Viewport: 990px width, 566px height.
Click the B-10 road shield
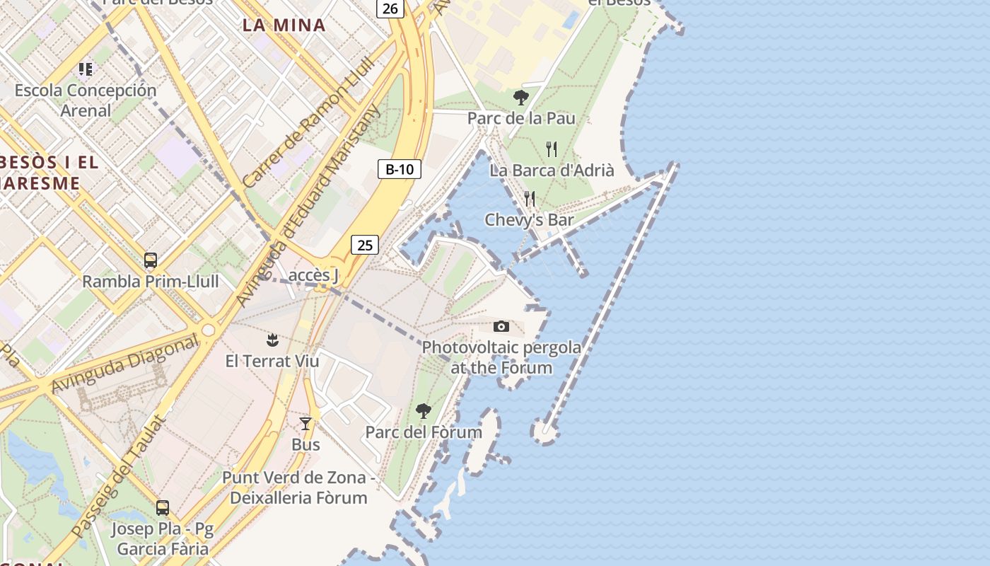pyautogui.click(x=400, y=169)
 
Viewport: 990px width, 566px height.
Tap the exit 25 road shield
pyautogui.click(x=365, y=246)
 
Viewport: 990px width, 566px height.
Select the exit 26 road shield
pyautogui.click(x=390, y=8)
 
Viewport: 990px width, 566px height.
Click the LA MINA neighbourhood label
pyautogui.click(x=284, y=25)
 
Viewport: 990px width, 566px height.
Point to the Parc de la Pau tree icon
pyautogui.click(x=521, y=98)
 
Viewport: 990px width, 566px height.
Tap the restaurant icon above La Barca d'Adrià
pyautogui.click(x=552, y=149)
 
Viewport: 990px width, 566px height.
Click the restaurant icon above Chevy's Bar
pyautogui.click(x=529, y=199)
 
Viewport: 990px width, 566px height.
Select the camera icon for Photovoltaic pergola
pyautogui.click(x=501, y=326)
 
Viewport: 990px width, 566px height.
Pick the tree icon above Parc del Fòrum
pyautogui.click(x=424, y=410)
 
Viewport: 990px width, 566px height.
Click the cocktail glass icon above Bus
pyautogui.click(x=305, y=424)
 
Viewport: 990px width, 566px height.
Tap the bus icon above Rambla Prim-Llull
pyautogui.click(x=151, y=260)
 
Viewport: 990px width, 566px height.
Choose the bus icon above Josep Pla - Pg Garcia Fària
pyautogui.click(x=163, y=507)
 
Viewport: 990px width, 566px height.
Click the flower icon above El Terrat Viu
pyautogui.click(x=272, y=340)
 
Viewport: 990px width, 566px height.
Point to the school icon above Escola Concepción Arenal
pyautogui.click(x=86, y=69)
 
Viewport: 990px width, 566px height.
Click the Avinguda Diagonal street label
pyautogui.click(x=125, y=364)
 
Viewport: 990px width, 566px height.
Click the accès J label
pyautogui.click(x=313, y=275)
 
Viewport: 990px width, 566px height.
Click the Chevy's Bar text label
pyautogui.click(x=529, y=220)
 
